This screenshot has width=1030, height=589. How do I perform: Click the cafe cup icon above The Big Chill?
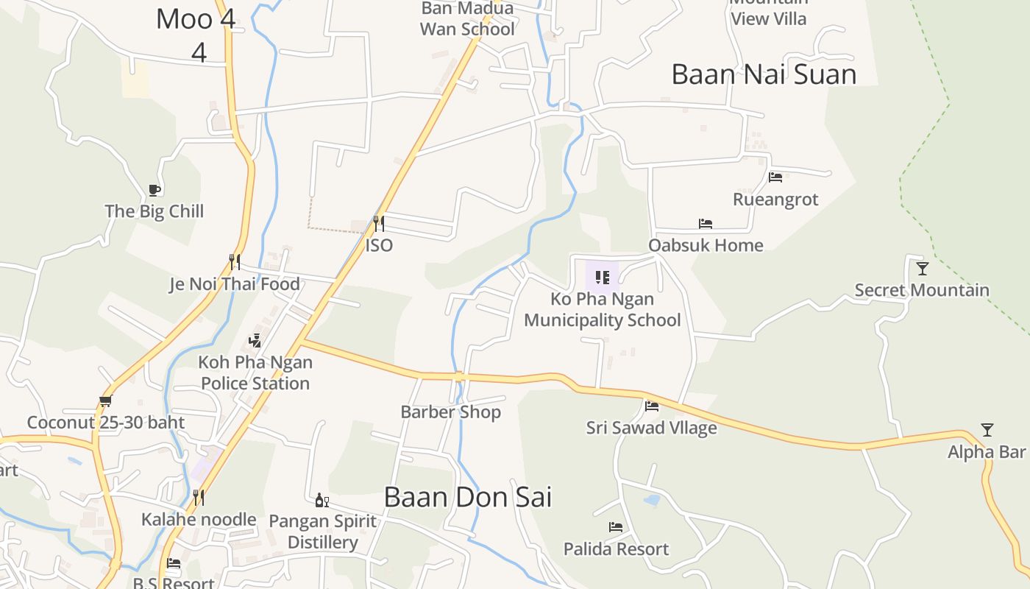click(154, 191)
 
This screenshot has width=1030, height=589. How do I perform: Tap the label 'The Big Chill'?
click(154, 211)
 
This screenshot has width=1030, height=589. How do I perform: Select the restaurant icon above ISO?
click(379, 223)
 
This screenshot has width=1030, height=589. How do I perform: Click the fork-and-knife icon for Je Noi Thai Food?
click(235, 261)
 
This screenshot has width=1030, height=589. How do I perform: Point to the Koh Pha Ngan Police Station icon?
click(255, 340)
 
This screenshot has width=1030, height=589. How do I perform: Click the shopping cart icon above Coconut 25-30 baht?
click(105, 401)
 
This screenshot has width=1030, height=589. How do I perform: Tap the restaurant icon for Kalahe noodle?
click(198, 498)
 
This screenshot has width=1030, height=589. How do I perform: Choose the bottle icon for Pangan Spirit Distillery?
click(322, 501)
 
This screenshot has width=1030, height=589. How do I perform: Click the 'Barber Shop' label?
click(450, 412)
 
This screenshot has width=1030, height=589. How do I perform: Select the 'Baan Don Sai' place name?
click(467, 497)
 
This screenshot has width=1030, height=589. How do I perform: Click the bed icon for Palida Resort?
click(616, 527)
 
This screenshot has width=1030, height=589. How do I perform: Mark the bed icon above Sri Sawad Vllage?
click(652, 406)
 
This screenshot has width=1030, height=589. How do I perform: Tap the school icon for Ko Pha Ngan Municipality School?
click(603, 278)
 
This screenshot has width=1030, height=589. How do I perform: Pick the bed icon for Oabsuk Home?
click(706, 224)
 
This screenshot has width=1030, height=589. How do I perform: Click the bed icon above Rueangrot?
click(775, 177)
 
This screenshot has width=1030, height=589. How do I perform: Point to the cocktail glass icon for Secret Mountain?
click(923, 269)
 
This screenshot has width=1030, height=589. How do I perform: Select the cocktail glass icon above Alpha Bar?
click(987, 430)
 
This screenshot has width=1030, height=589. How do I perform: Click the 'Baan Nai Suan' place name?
click(764, 74)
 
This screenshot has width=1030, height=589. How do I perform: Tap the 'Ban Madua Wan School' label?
click(467, 19)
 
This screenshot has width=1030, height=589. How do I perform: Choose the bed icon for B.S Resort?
click(174, 563)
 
